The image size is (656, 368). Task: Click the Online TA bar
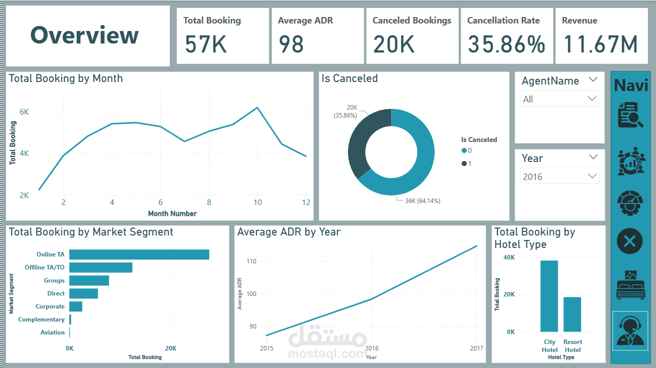point(139,254)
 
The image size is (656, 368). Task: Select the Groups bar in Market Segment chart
point(89,280)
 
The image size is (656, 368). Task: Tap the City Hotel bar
point(549,296)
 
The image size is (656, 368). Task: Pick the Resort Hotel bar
point(572,314)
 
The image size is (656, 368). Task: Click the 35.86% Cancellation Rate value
point(506,44)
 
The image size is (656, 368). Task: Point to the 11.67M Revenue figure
point(601,44)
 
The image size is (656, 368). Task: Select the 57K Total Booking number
point(206,44)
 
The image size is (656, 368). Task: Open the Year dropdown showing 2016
point(559,176)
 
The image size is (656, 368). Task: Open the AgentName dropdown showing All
point(559,99)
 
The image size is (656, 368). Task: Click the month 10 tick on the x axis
point(257,202)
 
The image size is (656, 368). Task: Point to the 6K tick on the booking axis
point(24,112)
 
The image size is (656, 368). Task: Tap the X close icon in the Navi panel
point(630,241)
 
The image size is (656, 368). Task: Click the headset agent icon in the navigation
point(630,330)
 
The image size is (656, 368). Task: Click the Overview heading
point(85,35)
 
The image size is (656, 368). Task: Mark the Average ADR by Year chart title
point(288,232)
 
